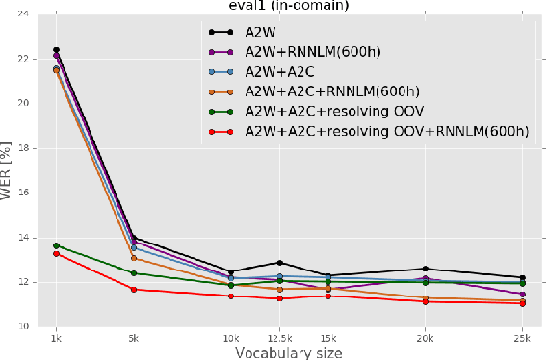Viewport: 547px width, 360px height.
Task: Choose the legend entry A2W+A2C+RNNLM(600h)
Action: pyautogui.click(x=330, y=91)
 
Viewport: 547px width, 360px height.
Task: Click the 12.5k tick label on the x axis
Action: pyautogui.click(x=279, y=339)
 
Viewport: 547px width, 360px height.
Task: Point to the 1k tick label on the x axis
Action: pyautogui.click(x=57, y=339)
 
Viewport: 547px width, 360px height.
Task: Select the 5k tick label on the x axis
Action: pyautogui.click(x=133, y=339)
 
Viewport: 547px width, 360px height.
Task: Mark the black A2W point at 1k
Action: pyautogui.click(x=57, y=50)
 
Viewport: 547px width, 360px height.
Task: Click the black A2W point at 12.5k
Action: pyautogui.click(x=279, y=263)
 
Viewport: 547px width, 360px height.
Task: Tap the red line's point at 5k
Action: pyautogui.click(x=133, y=289)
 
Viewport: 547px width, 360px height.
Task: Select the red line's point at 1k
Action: pyautogui.click(x=57, y=253)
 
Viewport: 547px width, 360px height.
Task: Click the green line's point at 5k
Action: pyautogui.click(x=133, y=273)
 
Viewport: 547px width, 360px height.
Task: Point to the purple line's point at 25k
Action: pyautogui.click(x=523, y=294)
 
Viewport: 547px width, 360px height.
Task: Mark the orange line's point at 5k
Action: pyautogui.click(x=133, y=258)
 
